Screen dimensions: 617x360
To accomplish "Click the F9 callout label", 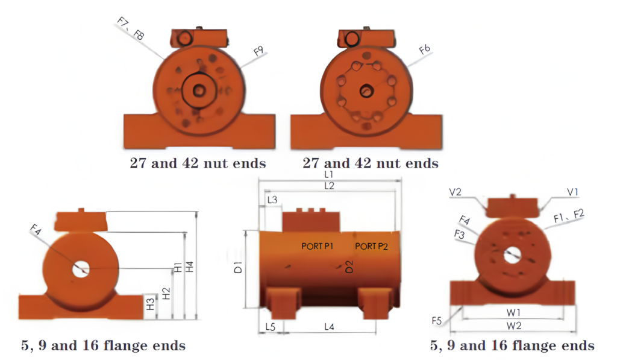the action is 258,51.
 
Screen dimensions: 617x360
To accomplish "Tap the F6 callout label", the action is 425,49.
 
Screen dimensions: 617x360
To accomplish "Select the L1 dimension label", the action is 329,174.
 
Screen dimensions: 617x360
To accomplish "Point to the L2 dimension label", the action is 330,186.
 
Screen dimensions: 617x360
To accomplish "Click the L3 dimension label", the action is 272,200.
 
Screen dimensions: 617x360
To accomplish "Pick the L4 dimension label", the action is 330,326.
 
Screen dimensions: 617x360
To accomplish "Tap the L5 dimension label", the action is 271,327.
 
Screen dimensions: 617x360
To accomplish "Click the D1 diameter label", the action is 238,267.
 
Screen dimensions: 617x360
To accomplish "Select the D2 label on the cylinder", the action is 349,267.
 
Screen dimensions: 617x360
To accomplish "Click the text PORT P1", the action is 317,246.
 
